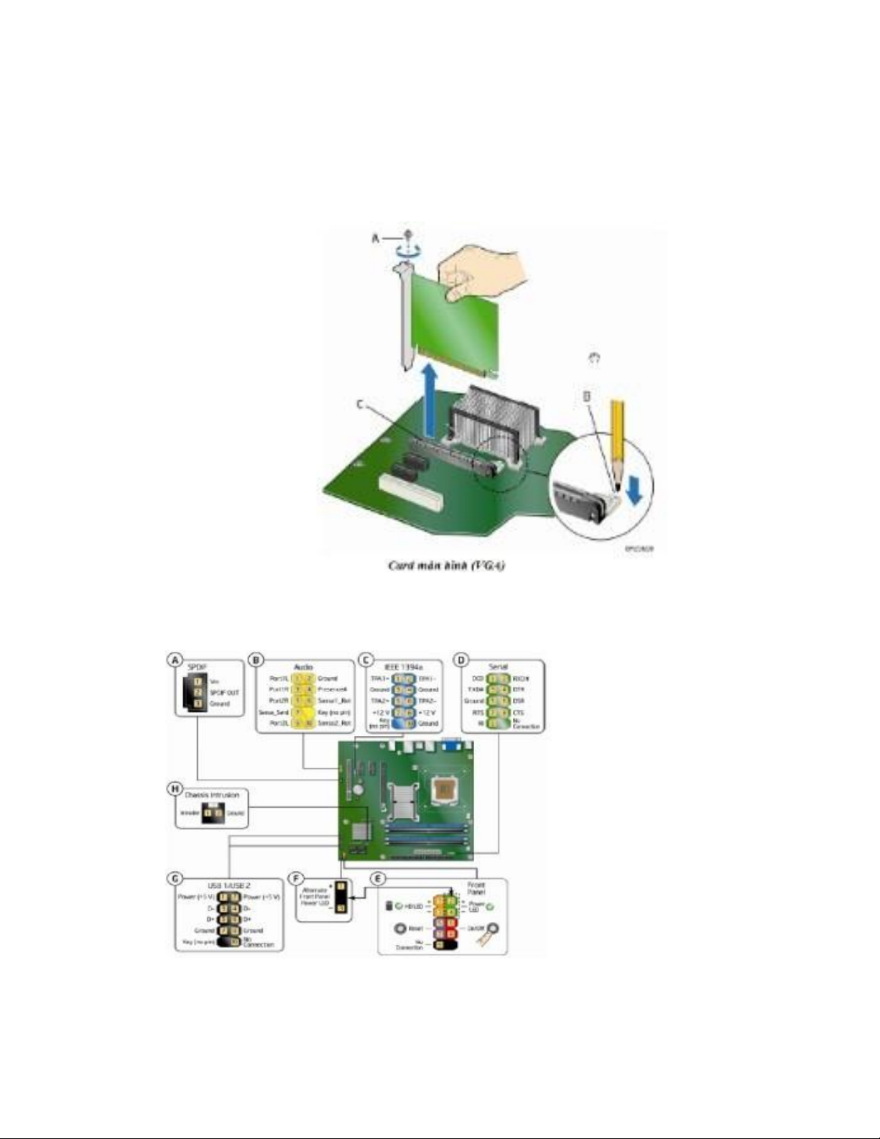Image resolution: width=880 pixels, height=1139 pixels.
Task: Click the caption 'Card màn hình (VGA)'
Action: click(446, 566)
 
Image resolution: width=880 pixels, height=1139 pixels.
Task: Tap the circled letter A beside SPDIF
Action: click(175, 660)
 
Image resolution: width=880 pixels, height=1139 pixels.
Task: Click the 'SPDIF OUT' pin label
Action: click(224, 693)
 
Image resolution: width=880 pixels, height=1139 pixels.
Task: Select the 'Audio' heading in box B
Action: click(303, 667)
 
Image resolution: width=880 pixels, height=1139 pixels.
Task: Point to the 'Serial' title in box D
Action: click(498, 667)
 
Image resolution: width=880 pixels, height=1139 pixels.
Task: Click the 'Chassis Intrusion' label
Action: click(211, 796)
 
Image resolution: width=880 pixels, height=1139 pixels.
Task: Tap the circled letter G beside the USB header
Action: click(175, 879)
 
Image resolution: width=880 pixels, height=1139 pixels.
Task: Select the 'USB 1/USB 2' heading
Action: click(228, 886)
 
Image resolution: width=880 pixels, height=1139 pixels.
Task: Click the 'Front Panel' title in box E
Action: click(476, 888)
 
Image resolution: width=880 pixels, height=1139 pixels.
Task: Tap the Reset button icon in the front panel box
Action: click(400, 929)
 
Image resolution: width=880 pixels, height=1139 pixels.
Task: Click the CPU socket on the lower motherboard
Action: click(443, 790)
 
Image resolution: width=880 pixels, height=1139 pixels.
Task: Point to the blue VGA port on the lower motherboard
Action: click(450, 744)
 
